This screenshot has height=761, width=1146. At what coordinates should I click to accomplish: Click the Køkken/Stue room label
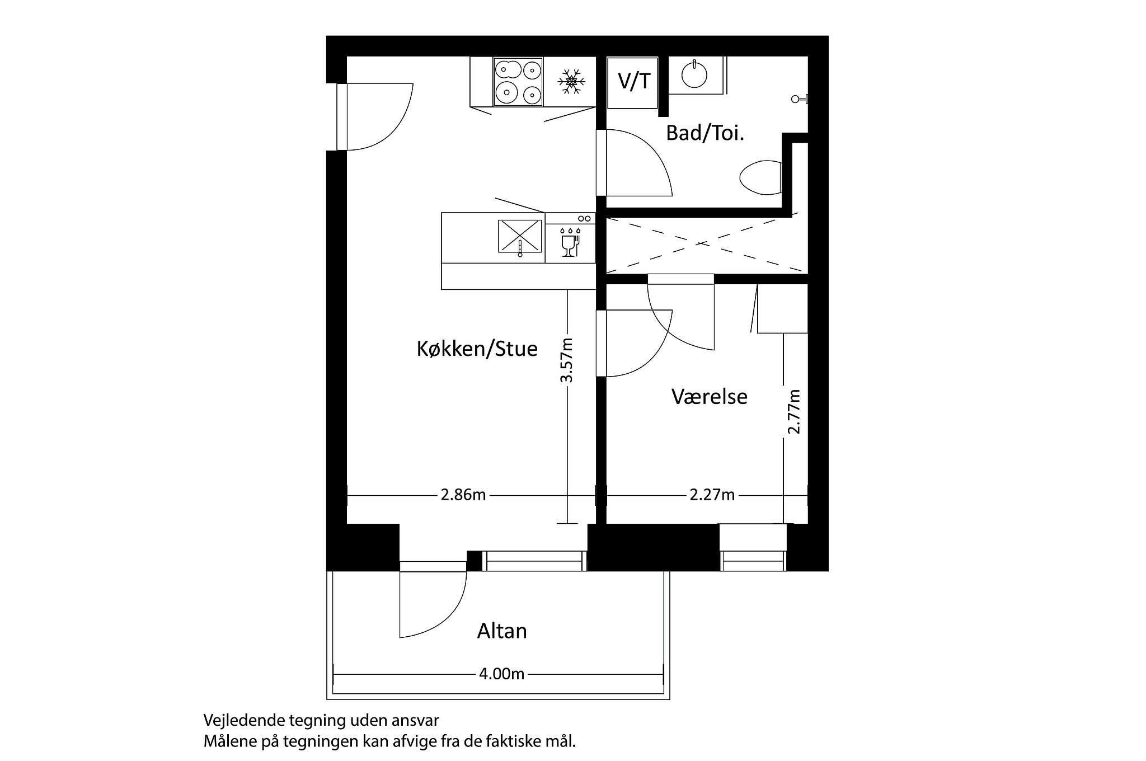(x=477, y=349)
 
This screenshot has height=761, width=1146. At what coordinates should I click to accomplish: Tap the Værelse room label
(x=709, y=397)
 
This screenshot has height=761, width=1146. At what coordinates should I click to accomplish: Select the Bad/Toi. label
(x=704, y=134)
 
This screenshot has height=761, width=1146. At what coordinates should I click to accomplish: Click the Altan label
(x=502, y=631)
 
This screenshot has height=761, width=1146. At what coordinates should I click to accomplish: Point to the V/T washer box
(x=633, y=82)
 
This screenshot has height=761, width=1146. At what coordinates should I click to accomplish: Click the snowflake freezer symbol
(x=571, y=82)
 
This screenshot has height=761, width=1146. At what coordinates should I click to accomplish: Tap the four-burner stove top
(x=518, y=82)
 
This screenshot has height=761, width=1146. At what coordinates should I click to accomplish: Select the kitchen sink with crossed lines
(x=520, y=236)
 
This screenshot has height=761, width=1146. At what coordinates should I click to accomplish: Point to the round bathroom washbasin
(x=694, y=74)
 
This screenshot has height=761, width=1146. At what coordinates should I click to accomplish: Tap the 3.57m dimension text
(x=567, y=360)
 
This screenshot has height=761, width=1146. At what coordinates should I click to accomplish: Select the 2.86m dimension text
(x=463, y=495)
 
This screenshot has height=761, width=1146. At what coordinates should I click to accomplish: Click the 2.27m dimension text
(x=712, y=495)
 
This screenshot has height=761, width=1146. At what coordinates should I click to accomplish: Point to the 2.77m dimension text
(x=794, y=411)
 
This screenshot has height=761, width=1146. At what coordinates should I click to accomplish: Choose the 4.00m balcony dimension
(x=501, y=674)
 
